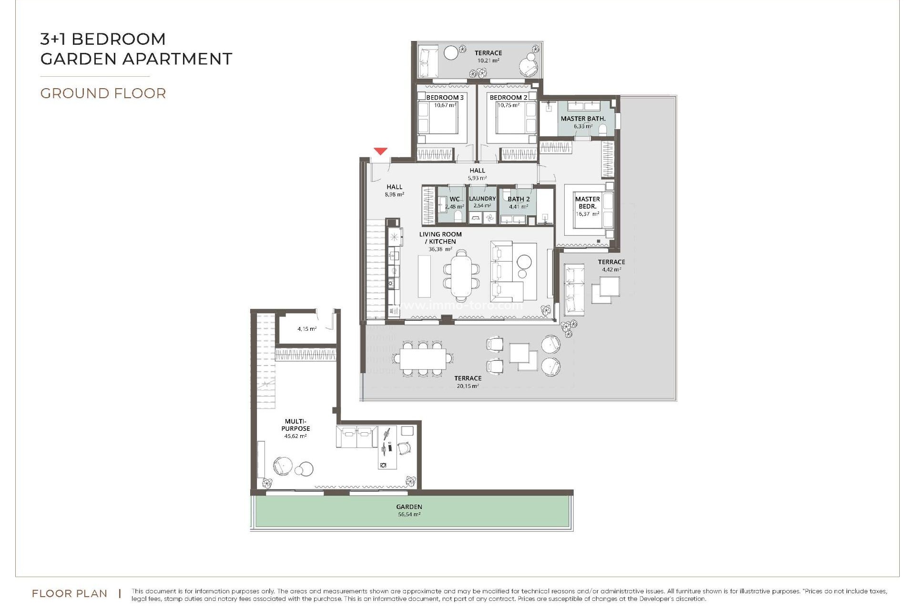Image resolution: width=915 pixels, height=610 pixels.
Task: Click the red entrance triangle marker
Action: pyautogui.click(x=380, y=152)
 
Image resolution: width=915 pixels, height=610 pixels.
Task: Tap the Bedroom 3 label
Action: pyautogui.click(x=445, y=98)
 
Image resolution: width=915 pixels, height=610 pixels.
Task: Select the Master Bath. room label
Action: pyautogui.click(x=583, y=119)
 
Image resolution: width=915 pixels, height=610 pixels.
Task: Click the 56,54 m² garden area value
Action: pyautogui.click(x=409, y=515)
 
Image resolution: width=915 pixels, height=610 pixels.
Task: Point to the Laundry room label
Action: pyautogui.click(x=482, y=199)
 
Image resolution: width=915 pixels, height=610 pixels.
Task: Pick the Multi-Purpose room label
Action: pyautogui.click(x=295, y=425)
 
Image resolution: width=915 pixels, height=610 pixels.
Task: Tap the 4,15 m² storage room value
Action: pyautogui.click(x=307, y=329)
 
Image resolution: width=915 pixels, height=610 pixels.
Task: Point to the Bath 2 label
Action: pyautogui.click(x=518, y=199)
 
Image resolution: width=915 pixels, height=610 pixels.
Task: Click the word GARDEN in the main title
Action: pyautogui.click(x=79, y=59)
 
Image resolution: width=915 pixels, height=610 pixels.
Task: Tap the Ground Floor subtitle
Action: pyautogui.click(x=103, y=93)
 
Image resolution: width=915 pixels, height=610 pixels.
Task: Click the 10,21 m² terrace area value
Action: pyautogui.click(x=488, y=61)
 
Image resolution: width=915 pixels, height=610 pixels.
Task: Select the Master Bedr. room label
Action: pyautogui.click(x=587, y=203)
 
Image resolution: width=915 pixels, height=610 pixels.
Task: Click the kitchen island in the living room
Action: pyautogui.click(x=424, y=276)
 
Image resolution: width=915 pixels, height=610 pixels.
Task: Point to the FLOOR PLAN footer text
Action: pyautogui.click(x=70, y=594)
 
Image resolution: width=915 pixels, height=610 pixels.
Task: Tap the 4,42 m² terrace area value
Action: pyautogui.click(x=611, y=270)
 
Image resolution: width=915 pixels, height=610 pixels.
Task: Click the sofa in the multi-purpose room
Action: pyautogui.click(x=357, y=437)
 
